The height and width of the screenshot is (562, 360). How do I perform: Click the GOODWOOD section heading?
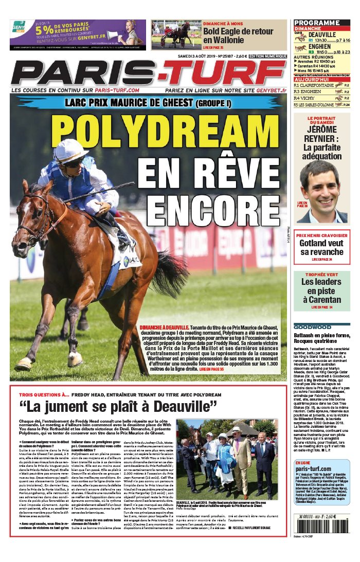click(x=313, y=327)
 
